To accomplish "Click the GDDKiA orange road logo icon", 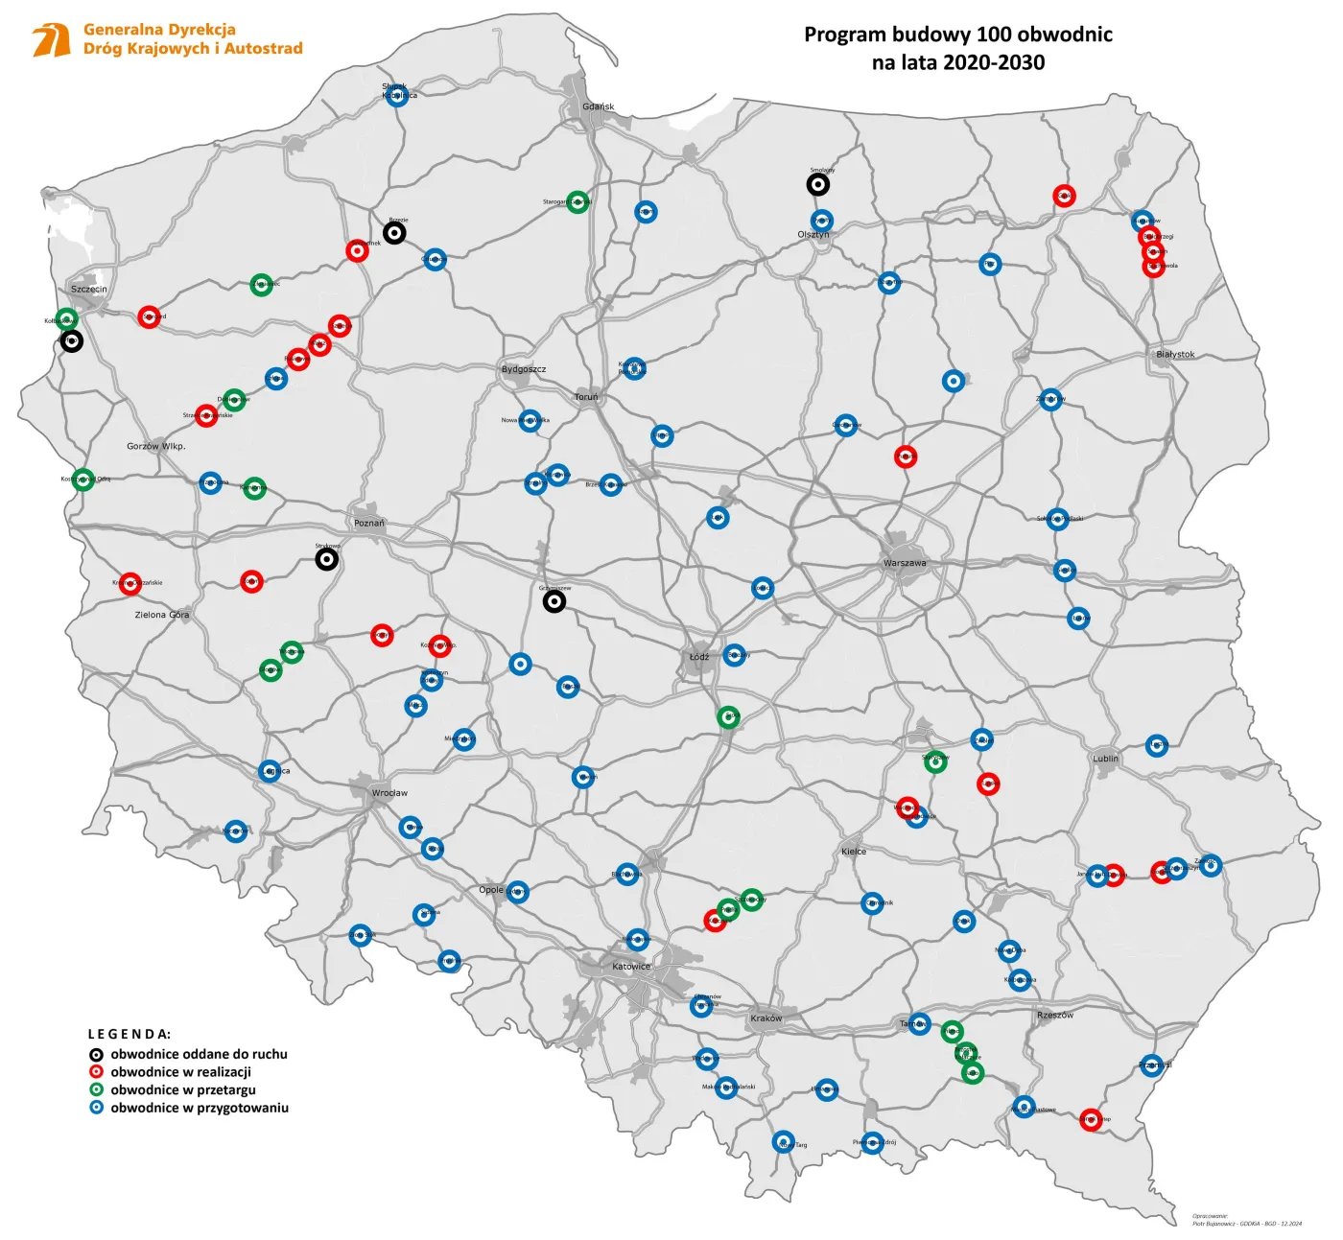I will click(x=51, y=40).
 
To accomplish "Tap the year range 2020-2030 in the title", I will click(x=994, y=63).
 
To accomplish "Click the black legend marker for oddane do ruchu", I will click(x=96, y=1054).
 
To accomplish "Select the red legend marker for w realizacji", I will click(x=96, y=1072).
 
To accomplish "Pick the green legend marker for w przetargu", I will click(x=96, y=1089).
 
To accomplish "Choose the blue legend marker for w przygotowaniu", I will click(x=96, y=1108).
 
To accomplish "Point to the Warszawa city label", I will click(x=905, y=563).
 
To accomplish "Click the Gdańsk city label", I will click(x=598, y=106).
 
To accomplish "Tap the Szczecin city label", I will click(x=89, y=289).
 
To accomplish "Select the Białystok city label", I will click(x=1175, y=354).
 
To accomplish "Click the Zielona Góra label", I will click(x=162, y=615).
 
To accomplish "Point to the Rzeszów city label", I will click(x=1055, y=1015).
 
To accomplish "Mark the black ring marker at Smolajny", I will click(x=817, y=184).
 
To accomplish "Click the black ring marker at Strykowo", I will click(x=327, y=559).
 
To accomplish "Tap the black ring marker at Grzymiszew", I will click(x=554, y=601).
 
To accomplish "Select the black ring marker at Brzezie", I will click(x=394, y=232).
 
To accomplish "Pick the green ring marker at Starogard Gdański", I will click(x=577, y=201).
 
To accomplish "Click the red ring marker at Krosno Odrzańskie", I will click(x=130, y=583).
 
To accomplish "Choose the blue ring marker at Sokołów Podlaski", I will click(x=1057, y=519).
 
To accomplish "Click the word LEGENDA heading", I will click(x=130, y=1034).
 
